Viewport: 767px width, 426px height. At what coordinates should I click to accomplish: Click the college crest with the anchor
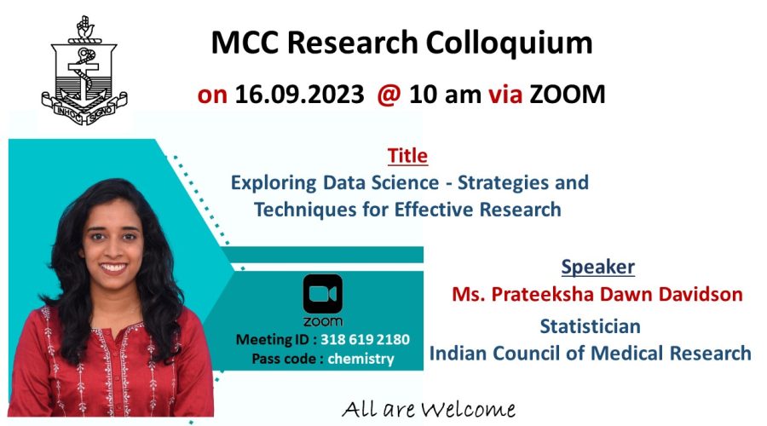tap(84, 70)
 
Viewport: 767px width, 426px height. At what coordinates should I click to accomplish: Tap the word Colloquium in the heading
tap(509, 43)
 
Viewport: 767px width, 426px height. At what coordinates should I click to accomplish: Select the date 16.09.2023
tap(299, 95)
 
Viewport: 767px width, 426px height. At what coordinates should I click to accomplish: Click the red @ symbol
tap(389, 95)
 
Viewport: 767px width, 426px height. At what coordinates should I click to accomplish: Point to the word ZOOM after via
tap(568, 95)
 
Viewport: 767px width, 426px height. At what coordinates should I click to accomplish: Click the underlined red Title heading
tap(407, 156)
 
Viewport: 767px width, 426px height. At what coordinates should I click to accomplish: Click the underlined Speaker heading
tap(597, 267)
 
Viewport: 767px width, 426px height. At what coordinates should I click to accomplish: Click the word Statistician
tap(590, 326)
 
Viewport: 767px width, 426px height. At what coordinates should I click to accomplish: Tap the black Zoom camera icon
tap(323, 293)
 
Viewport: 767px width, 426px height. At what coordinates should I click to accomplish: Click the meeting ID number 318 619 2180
tap(365, 339)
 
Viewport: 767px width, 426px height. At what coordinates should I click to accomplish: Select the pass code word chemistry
tap(360, 359)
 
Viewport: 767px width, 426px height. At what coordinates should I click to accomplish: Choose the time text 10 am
tap(445, 95)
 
